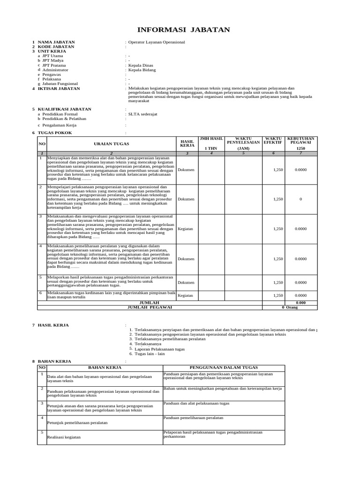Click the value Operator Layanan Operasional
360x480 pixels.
pos(157,42)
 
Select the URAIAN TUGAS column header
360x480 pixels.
pos(111,144)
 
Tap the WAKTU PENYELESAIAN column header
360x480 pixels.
pos(243,141)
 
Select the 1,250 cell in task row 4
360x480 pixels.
pos(278,259)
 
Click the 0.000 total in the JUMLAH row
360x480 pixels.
pos(300,303)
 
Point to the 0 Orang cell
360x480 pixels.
pos(290,307)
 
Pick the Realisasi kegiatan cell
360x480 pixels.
pos(64,437)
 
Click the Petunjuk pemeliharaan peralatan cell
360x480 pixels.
pos(77,422)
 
